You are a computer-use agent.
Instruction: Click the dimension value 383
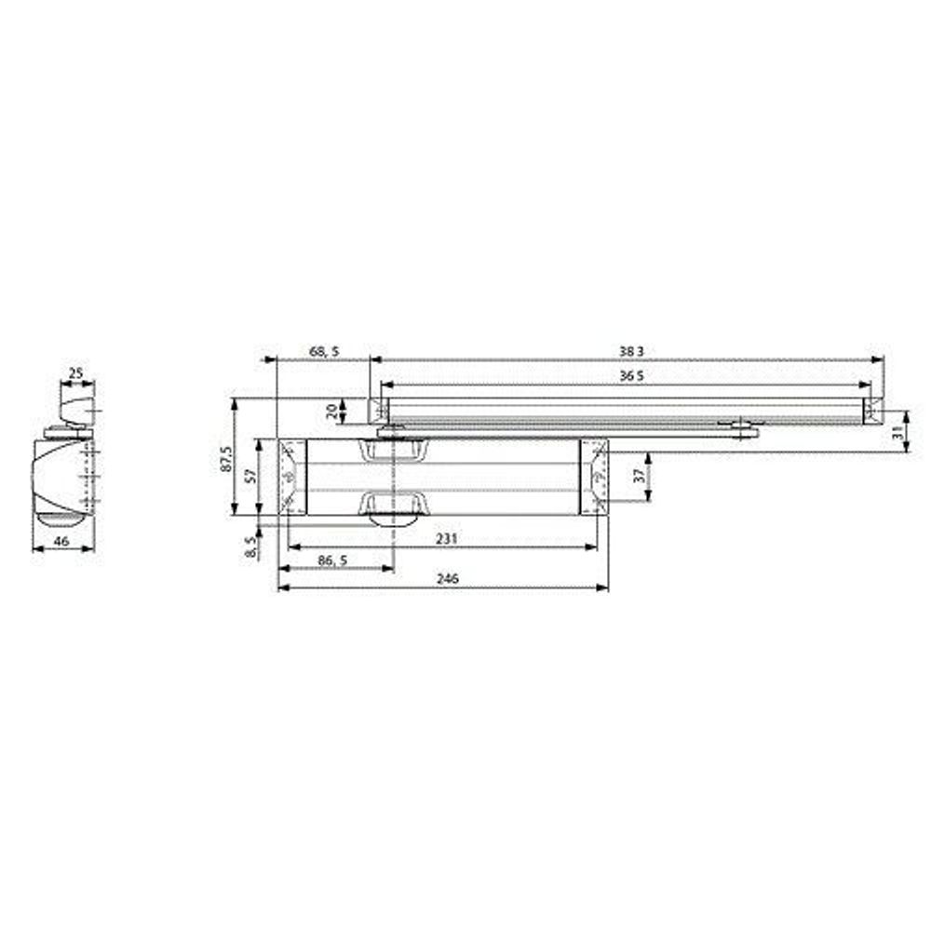coord(631,352)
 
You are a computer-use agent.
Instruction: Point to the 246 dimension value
coord(449,578)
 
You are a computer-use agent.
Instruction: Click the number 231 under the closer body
coord(449,539)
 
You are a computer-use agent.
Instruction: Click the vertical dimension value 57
coord(250,476)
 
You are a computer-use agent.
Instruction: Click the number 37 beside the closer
coord(639,475)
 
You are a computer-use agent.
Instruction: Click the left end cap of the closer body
coord(293,476)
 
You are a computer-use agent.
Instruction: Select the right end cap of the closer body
coord(594,476)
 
